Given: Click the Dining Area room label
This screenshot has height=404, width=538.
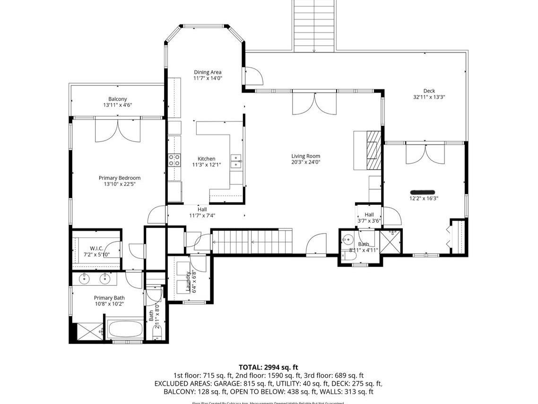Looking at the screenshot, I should tap(208, 72).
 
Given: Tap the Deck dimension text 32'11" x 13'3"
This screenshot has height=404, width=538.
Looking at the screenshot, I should tap(429, 97).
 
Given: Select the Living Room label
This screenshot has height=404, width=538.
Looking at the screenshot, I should tap(305, 156).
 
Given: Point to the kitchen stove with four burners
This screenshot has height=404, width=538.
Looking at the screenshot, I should tap(174, 160).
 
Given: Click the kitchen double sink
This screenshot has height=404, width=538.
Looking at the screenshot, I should tap(235, 161).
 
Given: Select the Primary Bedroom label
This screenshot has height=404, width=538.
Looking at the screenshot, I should tap(120, 178).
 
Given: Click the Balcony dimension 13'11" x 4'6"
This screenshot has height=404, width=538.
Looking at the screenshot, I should tap(117, 105).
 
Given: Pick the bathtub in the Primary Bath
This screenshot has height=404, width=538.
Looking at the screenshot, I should tap(125, 330).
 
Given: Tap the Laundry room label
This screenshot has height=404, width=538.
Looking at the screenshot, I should tap(188, 281).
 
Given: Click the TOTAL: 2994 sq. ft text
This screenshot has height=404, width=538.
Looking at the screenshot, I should tap(269, 367).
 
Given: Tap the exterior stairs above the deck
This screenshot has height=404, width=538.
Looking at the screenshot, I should tap(314, 26).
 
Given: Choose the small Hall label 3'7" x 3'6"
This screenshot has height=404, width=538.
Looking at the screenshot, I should tap(369, 215).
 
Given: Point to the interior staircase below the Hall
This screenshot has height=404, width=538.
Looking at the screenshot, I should tap(252, 242).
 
